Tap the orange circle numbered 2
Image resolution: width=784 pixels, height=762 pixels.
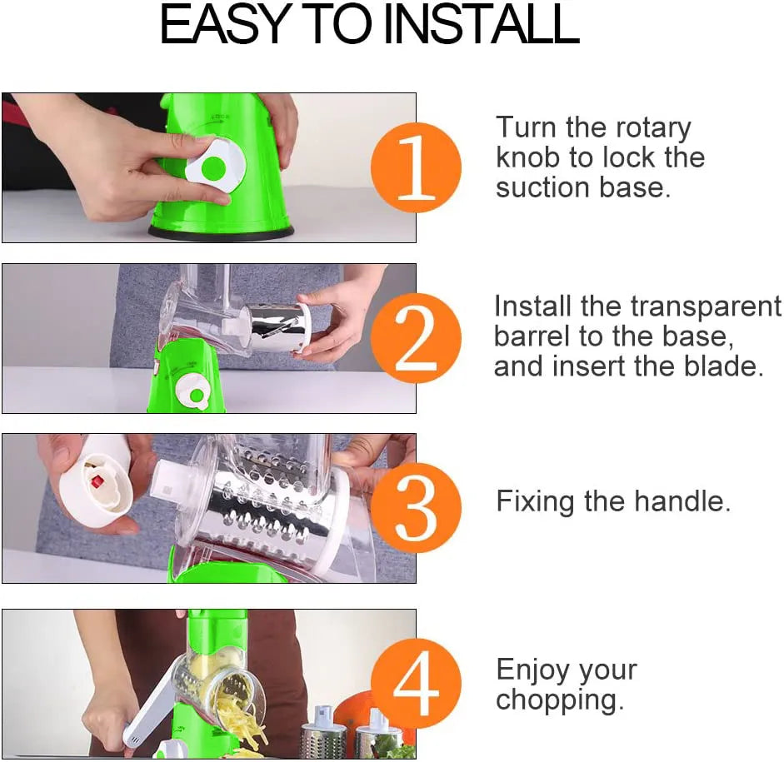click(x=416, y=338)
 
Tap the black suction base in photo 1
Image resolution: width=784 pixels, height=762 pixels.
click(x=221, y=232)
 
